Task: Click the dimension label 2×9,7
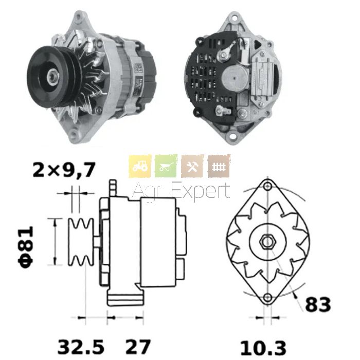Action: click(x=64, y=170)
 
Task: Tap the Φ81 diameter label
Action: click(x=26, y=247)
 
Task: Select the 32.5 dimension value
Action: click(x=81, y=347)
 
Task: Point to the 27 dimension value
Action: click(x=138, y=347)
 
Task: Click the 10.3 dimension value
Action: click(x=263, y=348)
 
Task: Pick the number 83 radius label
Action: click(x=318, y=304)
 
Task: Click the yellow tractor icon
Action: click(x=140, y=166)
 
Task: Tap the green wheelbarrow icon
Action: click(x=166, y=166)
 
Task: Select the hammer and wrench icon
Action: click(x=192, y=166)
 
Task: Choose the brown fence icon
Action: click(x=219, y=166)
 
